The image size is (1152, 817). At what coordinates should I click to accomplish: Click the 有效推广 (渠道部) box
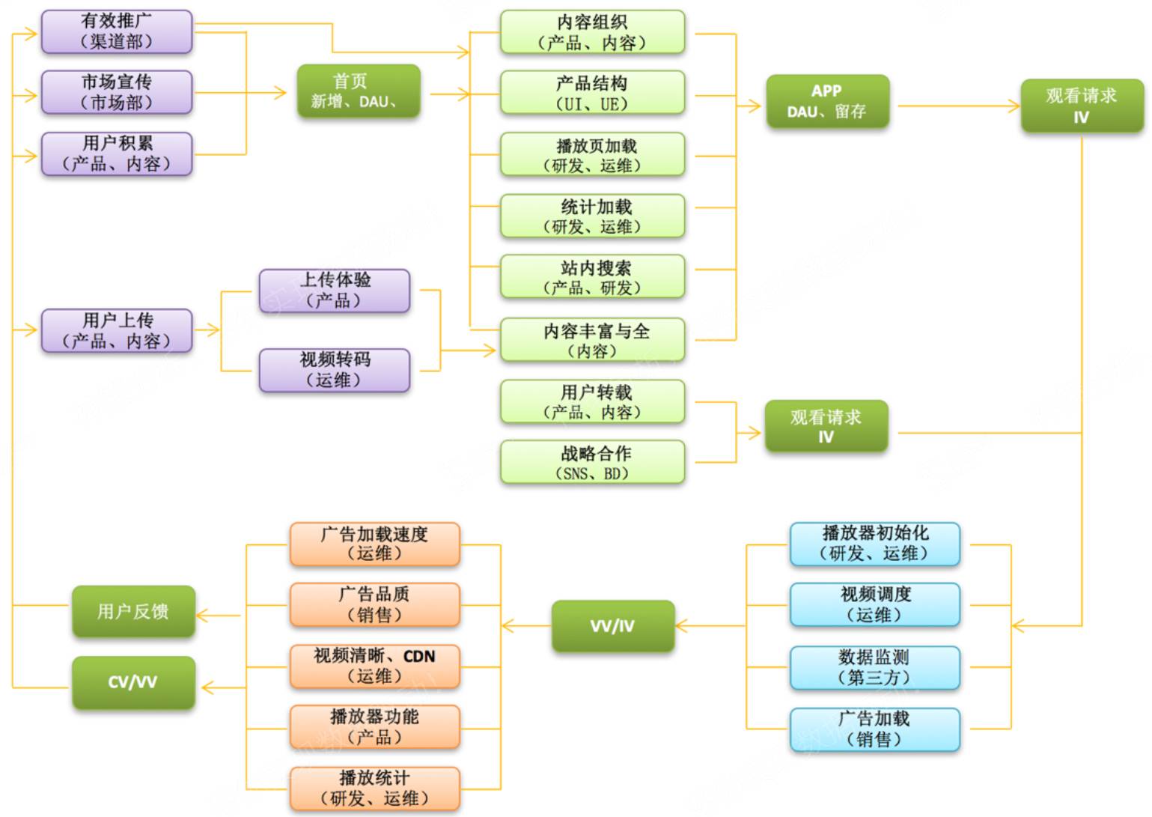coord(117,31)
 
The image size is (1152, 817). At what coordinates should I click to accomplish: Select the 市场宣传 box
coord(117,92)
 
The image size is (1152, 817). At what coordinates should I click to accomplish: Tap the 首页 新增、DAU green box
coord(358,91)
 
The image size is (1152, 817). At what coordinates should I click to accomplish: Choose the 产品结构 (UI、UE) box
coord(592,92)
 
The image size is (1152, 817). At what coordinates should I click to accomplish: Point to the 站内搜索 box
coord(592,276)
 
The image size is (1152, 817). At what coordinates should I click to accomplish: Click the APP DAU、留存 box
coord(826,102)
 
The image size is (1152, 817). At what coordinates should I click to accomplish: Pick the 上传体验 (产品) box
coord(334,291)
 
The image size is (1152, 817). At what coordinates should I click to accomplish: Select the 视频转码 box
coord(334,370)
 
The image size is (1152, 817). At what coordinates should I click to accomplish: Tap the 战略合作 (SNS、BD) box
coord(592,462)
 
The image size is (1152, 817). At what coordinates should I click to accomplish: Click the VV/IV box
coord(612,626)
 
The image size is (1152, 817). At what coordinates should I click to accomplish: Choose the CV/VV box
coord(133,682)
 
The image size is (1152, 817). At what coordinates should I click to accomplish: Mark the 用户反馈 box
coord(133,612)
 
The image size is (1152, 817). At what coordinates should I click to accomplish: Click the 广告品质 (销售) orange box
coord(374,604)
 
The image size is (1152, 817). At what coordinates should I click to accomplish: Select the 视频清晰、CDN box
coord(374,666)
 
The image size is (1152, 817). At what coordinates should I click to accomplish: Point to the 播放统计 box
coord(374,788)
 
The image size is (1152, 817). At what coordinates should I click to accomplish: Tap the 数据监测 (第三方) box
coord(874,667)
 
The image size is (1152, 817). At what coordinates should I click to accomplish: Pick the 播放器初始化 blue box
coord(874,544)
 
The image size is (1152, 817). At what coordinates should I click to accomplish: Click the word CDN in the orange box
coord(419,657)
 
